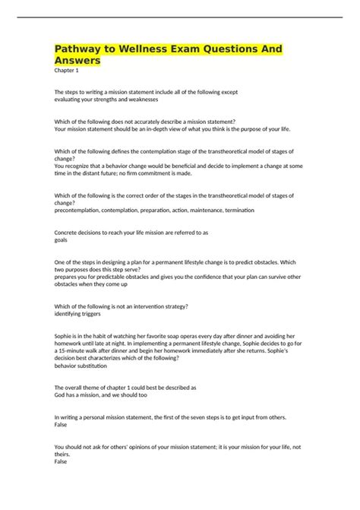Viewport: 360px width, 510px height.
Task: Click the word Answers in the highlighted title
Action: click(x=78, y=60)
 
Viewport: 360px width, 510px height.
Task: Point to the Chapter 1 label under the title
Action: click(x=67, y=71)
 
